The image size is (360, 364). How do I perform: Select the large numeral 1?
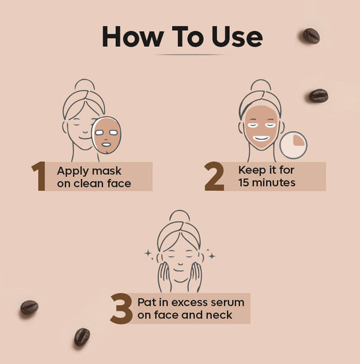[x=40, y=177]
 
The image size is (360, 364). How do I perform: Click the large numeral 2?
[x=214, y=177]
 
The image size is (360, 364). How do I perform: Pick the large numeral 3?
[x=121, y=308]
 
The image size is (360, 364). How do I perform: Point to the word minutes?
[x=275, y=182]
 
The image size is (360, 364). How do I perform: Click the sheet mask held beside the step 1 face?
[x=107, y=135]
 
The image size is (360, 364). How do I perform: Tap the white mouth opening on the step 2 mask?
[x=262, y=138]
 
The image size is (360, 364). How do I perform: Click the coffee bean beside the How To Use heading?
[x=311, y=35]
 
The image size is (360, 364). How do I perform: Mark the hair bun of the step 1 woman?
[x=85, y=85]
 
